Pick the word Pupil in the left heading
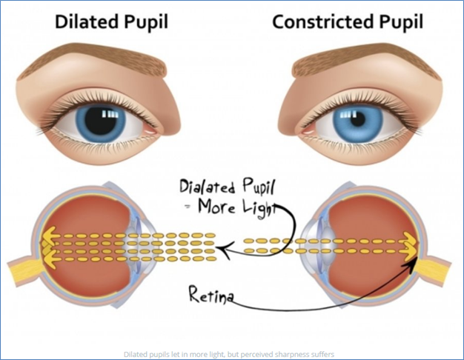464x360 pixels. click(145, 22)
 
